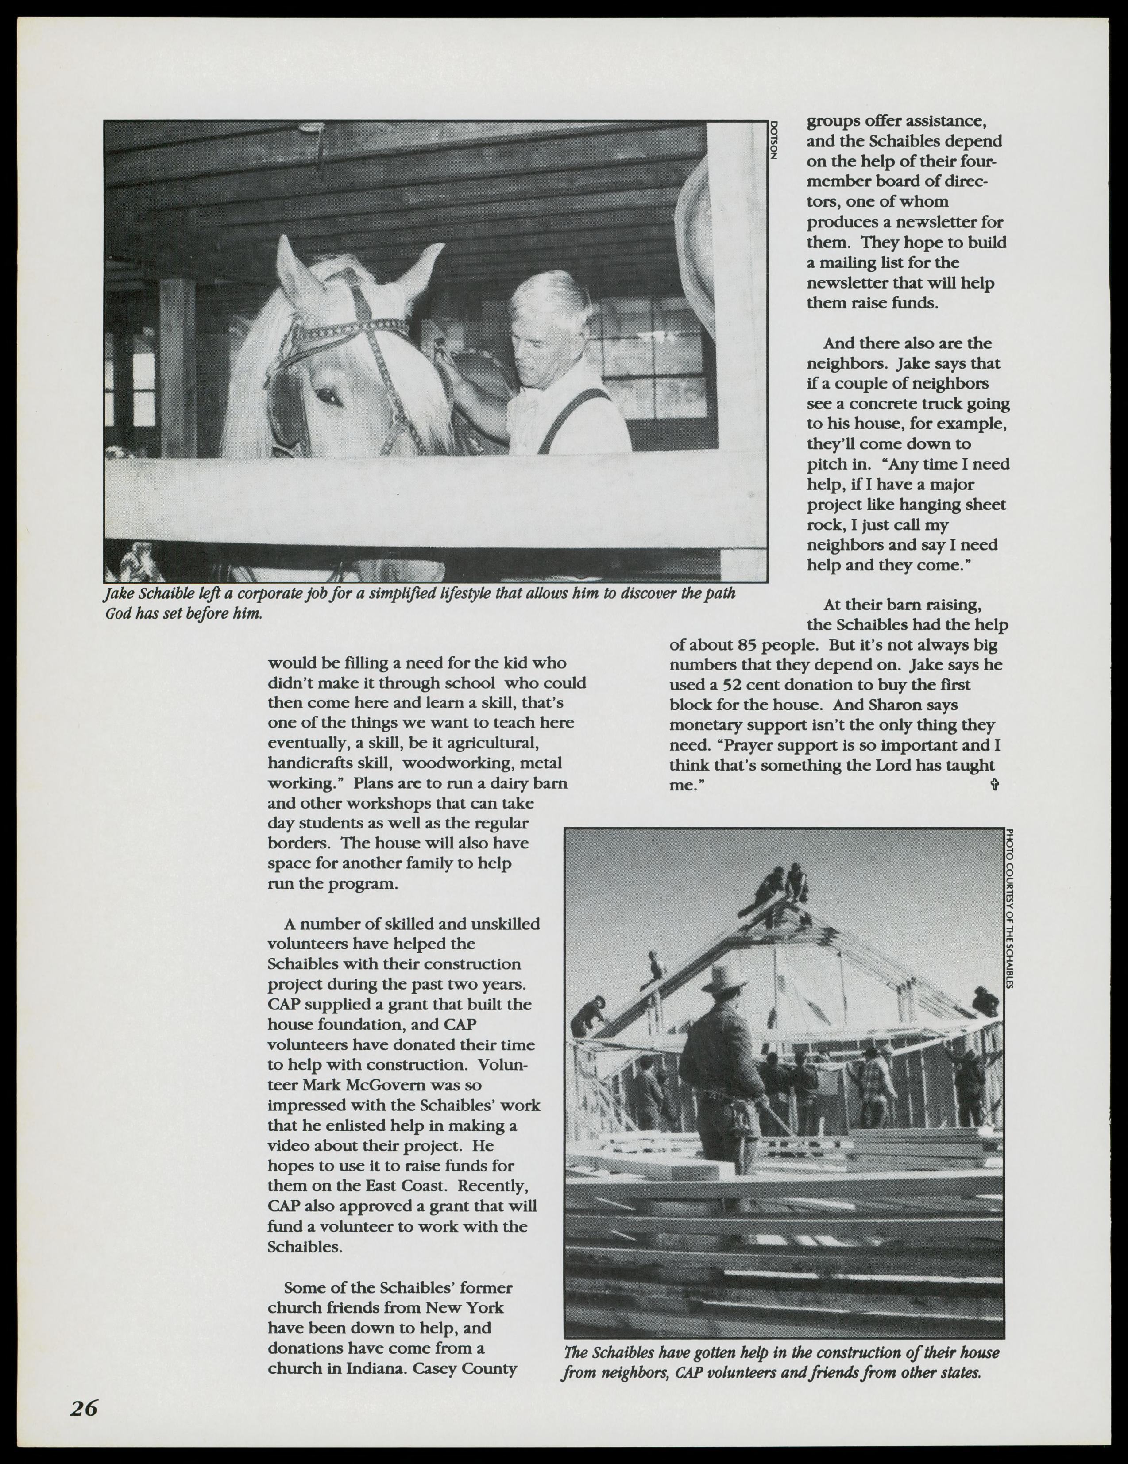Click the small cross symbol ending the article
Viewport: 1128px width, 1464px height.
pyautogui.click(x=994, y=784)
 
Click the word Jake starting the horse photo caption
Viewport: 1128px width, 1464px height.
pyautogui.click(x=119, y=594)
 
